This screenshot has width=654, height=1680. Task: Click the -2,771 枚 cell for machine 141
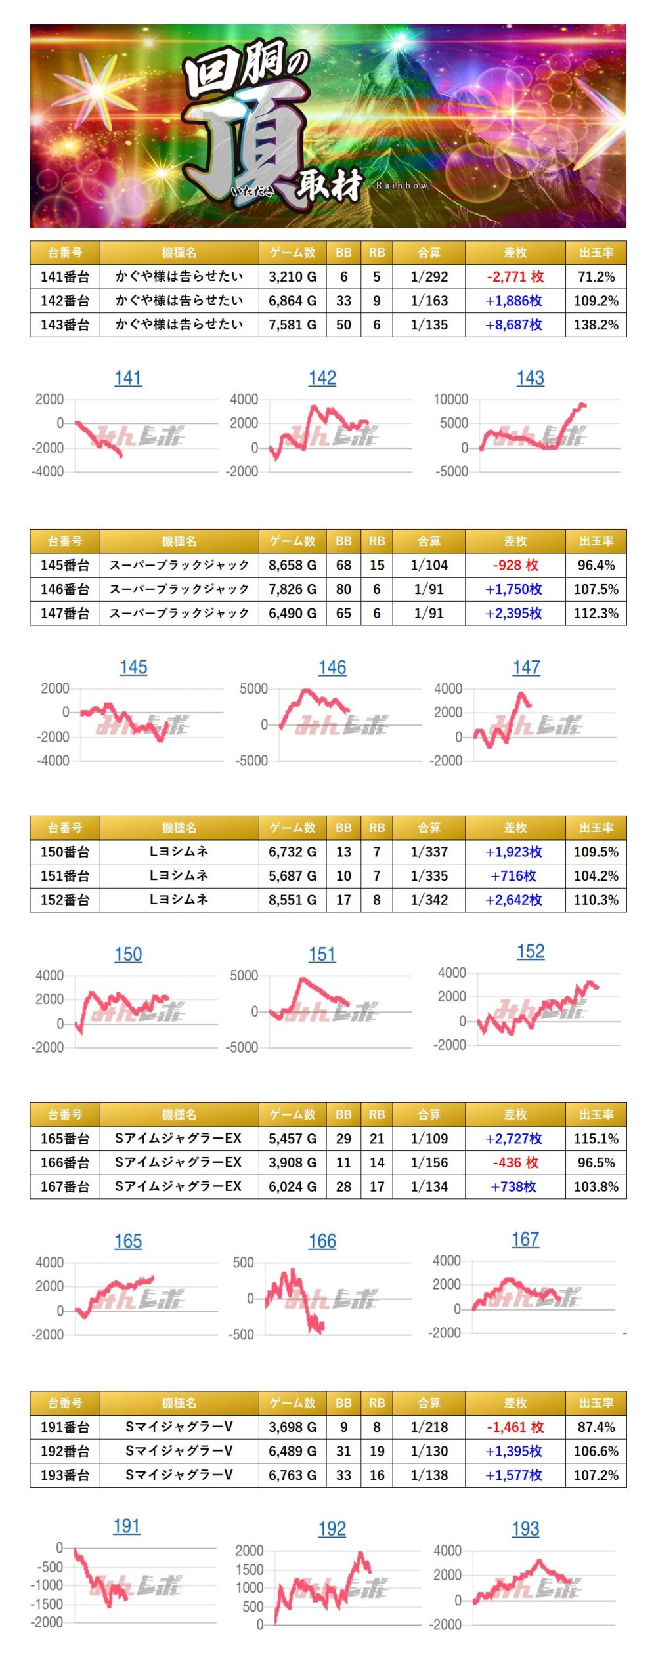point(515,277)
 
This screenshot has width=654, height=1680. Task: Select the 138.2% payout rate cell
point(596,325)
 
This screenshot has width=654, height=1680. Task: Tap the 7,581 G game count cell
point(292,325)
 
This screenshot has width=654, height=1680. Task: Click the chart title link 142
point(322,378)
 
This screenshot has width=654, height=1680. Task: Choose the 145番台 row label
point(64,566)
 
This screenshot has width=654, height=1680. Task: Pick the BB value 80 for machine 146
point(343,589)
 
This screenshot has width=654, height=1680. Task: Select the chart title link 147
point(526,667)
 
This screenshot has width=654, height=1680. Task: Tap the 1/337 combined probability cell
point(429,852)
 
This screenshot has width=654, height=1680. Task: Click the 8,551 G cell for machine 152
point(292,900)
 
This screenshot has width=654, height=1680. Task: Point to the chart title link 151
point(322,955)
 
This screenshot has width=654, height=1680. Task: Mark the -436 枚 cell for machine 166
point(515,1163)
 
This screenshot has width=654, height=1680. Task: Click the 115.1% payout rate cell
point(596,1139)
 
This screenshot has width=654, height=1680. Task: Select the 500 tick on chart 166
point(243,1263)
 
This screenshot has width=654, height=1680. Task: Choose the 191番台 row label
point(64,1427)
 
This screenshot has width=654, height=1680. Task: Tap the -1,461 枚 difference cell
point(515,1427)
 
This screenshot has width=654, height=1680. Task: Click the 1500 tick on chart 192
point(250,1570)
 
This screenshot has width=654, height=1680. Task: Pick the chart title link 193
point(525,1529)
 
